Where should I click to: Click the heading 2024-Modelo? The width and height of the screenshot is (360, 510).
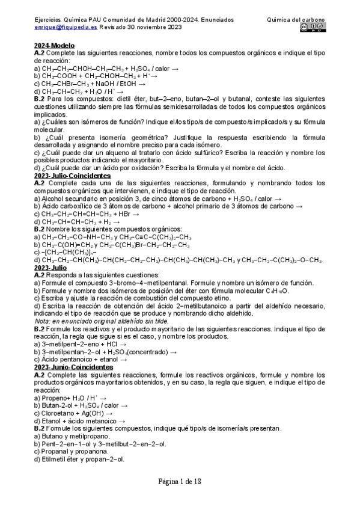[x=54, y=46]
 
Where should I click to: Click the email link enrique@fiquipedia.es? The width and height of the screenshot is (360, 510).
[x=66, y=27]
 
